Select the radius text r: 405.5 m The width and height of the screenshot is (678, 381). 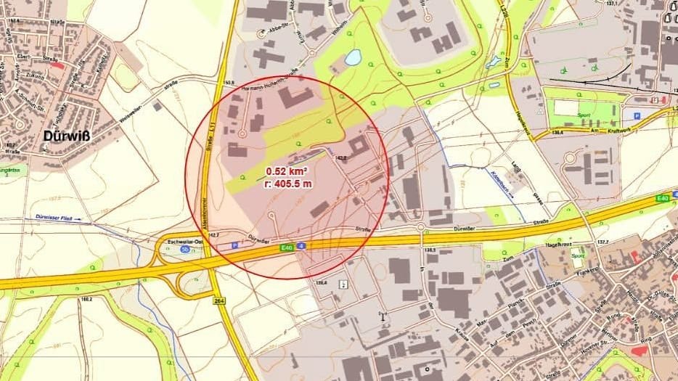click(x=288, y=184)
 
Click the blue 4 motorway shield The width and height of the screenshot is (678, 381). click(x=301, y=246)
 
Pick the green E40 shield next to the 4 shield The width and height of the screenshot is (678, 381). click(x=287, y=247)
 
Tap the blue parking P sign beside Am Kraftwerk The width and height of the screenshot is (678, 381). click(x=637, y=115)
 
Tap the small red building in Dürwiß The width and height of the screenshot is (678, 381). click(x=57, y=66)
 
